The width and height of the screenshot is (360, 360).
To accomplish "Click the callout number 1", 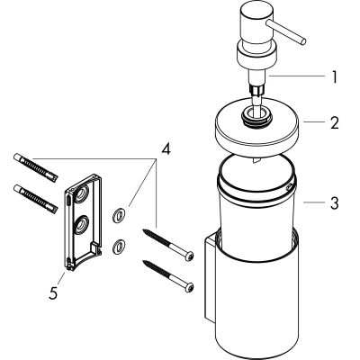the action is click(335, 77).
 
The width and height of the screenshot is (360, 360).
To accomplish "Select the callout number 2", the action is click(335, 122).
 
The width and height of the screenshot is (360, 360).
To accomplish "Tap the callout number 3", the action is click(335, 202).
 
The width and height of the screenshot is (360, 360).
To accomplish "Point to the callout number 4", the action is click(166, 148).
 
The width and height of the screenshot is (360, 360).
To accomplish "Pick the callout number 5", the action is click(53, 292).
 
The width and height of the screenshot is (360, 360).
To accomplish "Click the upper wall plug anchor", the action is click(35, 168).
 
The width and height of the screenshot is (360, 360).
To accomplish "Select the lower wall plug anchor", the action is click(35, 199).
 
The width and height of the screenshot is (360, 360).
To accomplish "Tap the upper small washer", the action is click(120, 215).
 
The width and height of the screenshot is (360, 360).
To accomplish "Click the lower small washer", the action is click(120, 247).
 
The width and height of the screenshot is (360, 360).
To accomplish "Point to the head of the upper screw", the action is click(189, 256).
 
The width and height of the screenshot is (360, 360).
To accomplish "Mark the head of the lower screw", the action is click(189, 287).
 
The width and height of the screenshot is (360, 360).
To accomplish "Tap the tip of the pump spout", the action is click(302, 41).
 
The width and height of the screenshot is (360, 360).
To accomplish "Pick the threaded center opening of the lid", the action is click(257, 115).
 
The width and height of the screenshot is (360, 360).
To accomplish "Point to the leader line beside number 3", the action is click(314, 202).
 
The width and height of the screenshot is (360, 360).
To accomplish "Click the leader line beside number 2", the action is click(314, 121).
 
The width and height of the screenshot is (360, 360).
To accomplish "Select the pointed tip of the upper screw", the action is click(144, 230).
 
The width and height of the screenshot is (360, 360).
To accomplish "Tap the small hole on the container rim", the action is click(289, 187).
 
